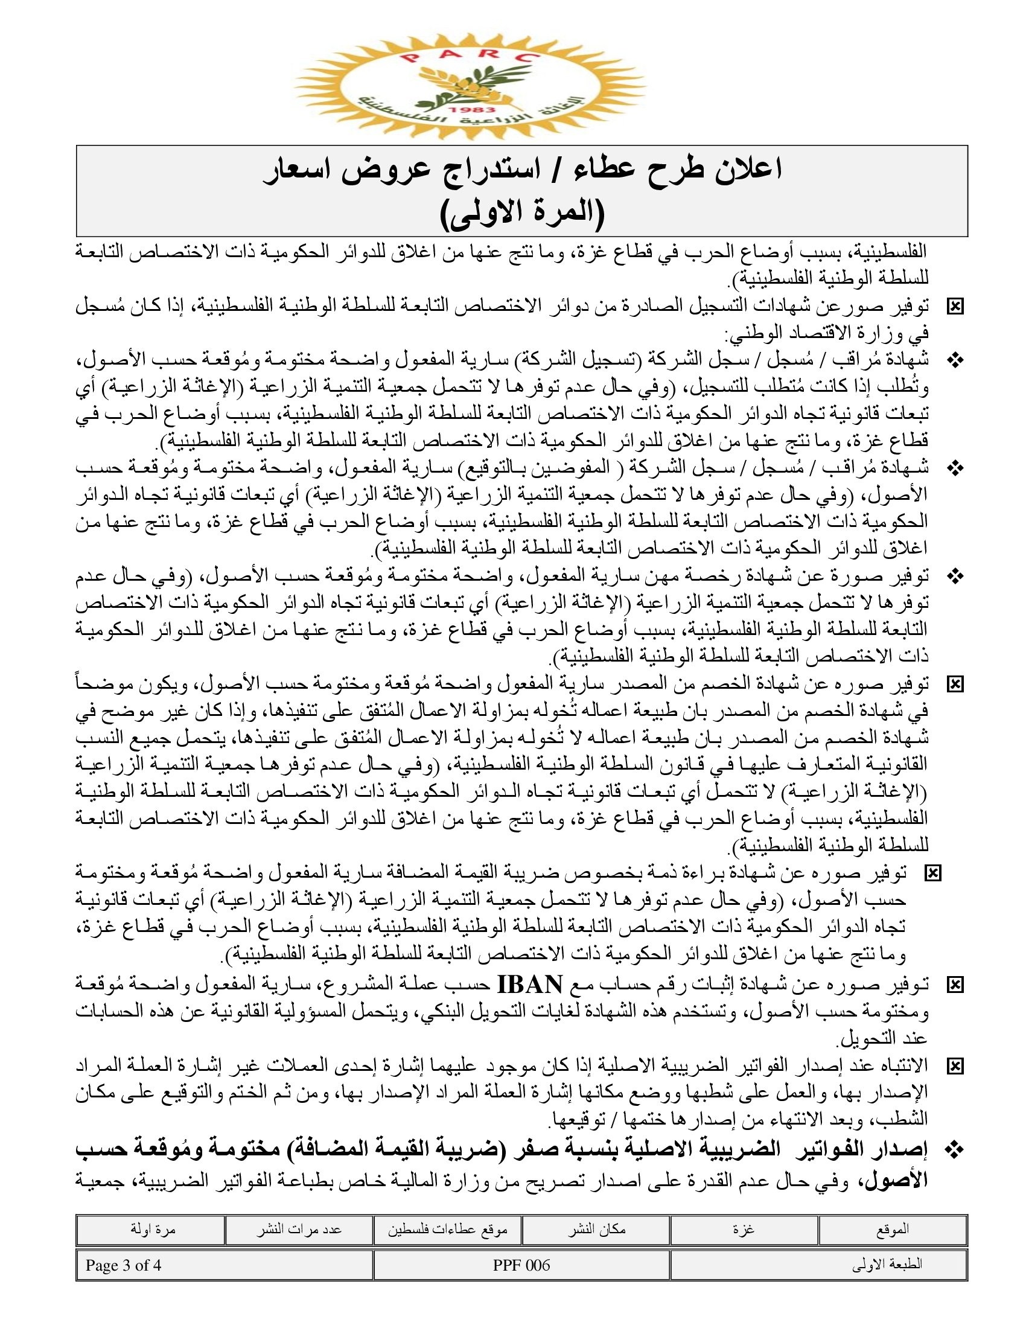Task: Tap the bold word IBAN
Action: [x=531, y=983]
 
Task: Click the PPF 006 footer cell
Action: [x=521, y=1265]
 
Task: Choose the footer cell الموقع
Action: [x=892, y=1229]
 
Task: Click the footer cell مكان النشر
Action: [x=596, y=1229]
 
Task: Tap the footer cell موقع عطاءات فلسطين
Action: [x=448, y=1229]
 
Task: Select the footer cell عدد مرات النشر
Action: [x=299, y=1229]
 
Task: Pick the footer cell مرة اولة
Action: [x=151, y=1229]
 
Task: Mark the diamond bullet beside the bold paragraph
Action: [x=955, y=1146]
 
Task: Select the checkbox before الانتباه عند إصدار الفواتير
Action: [x=955, y=1065]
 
